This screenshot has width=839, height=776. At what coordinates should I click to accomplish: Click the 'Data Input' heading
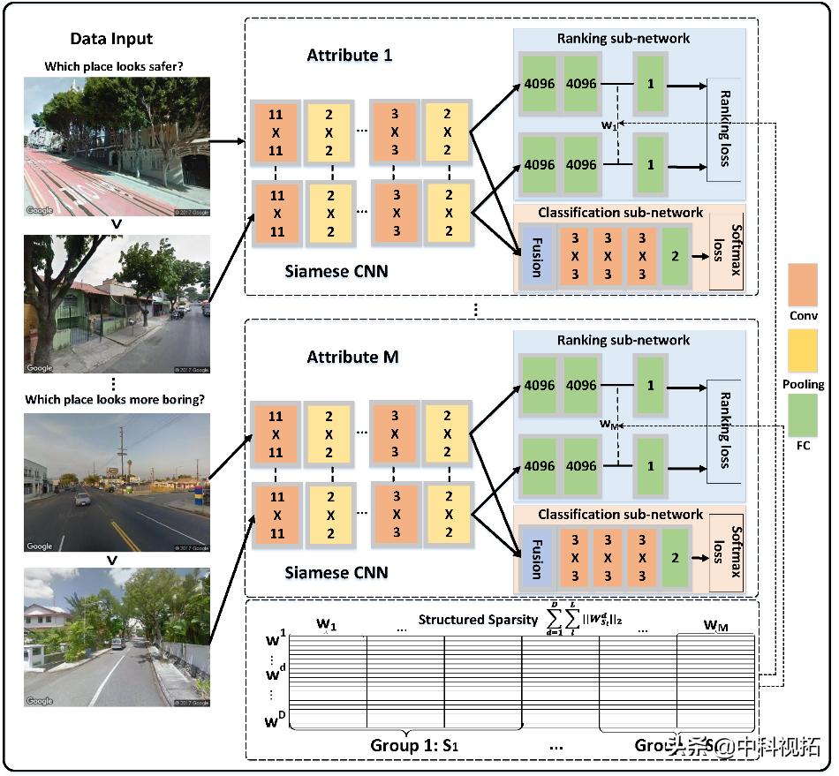(111, 39)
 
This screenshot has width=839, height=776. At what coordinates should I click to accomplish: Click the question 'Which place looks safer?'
(114, 67)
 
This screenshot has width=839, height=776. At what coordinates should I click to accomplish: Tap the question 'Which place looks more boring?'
(115, 399)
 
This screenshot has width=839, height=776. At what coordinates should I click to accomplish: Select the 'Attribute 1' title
(350, 56)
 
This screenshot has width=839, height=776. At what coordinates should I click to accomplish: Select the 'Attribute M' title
(352, 357)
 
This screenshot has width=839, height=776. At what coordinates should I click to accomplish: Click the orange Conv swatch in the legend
(803, 284)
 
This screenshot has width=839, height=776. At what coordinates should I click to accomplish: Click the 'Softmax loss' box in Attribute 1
(728, 255)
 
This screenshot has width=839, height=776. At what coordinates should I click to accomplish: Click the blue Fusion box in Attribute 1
(533, 256)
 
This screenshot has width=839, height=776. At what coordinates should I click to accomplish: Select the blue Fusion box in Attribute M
(533, 558)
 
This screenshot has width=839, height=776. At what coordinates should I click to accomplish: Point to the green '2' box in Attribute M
(675, 558)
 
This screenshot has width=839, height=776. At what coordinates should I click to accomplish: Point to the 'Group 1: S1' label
(415, 746)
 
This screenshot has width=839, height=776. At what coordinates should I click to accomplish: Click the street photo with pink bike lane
(117, 147)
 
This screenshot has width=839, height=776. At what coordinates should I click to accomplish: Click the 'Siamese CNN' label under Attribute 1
(336, 271)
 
